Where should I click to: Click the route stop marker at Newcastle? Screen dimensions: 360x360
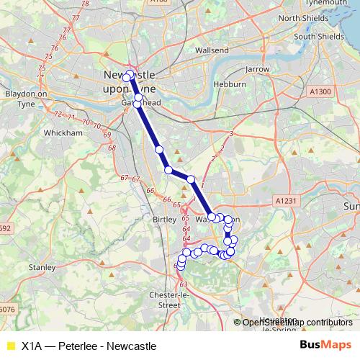point(127,77)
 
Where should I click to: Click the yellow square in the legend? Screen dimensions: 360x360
point(10,346)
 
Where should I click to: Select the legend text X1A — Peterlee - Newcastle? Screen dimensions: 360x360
point(89,346)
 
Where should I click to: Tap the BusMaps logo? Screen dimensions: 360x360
point(325,346)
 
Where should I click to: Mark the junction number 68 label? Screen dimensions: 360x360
point(112,148)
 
